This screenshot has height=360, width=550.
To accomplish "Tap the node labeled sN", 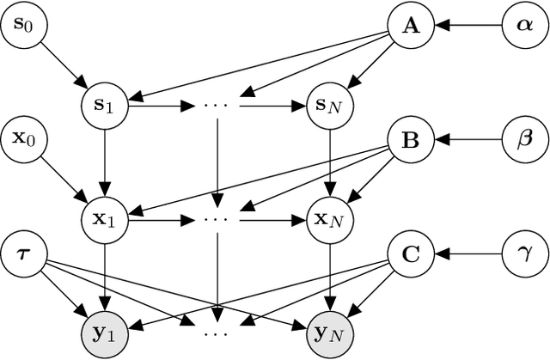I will [x=327, y=107].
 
